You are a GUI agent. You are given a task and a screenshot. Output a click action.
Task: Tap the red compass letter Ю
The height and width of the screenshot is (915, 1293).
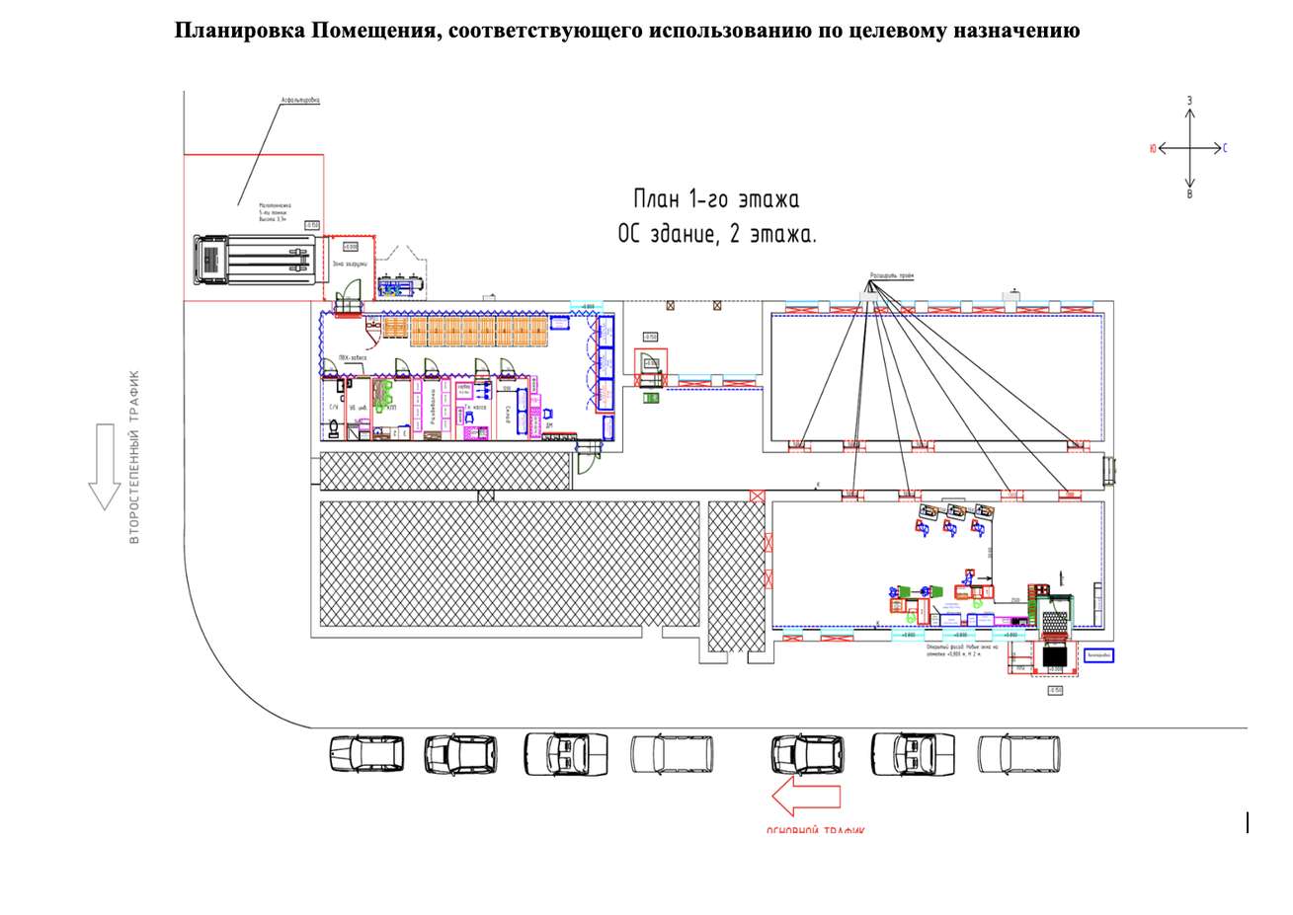click(1152, 148)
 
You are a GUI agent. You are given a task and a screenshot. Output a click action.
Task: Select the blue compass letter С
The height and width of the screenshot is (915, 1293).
click(1225, 148)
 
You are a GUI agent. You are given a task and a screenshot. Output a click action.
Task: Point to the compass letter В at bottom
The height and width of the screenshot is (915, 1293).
click(1190, 194)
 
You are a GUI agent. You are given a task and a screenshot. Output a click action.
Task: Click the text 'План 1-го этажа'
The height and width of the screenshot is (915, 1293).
click(716, 199)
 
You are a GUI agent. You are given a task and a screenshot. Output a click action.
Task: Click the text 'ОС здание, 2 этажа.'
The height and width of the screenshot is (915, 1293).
click(717, 235)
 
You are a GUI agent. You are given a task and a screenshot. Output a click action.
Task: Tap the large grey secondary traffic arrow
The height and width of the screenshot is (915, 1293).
click(104, 466)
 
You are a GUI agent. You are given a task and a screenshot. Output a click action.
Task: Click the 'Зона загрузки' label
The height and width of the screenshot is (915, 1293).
click(352, 264)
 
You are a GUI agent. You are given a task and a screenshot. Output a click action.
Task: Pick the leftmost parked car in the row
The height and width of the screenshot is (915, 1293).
click(366, 754)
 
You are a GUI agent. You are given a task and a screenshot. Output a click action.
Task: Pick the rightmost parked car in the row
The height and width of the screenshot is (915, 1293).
click(1018, 754)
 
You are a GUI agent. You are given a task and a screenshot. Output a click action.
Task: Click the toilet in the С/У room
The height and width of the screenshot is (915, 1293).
click(334, 427)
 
